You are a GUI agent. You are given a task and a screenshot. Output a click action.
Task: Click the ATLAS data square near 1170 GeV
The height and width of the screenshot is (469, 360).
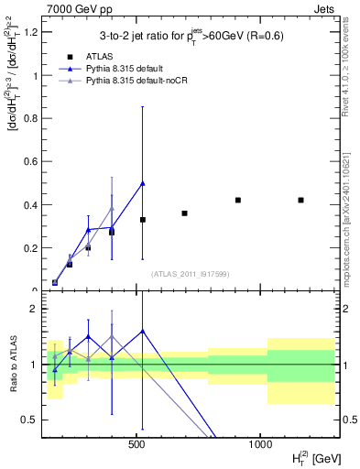(300, 200)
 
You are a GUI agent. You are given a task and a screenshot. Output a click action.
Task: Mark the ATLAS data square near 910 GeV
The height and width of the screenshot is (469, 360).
(237, 200)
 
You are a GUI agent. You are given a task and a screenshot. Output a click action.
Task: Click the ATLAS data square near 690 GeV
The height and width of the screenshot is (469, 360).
(184, 213)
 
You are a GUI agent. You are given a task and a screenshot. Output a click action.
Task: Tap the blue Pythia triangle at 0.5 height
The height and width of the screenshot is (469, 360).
(143, 183)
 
